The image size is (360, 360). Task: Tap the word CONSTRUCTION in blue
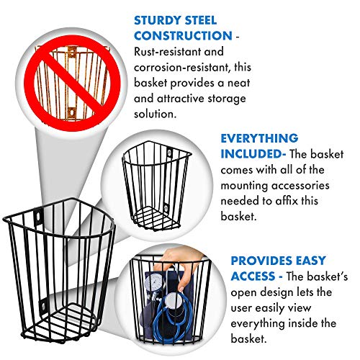click(183, 36)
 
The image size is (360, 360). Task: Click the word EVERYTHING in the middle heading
click(259, 138)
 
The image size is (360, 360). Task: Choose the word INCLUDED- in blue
click(253, 154)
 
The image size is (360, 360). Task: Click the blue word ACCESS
click(253, 276)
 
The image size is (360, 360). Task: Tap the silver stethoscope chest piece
click(173, 300)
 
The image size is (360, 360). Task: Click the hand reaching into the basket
click(179, 266)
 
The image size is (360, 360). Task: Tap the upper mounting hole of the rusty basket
click(72, 52)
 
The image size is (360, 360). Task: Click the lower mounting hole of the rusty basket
click(71, 112)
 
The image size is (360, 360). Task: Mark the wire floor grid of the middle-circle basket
click(156, 217)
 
